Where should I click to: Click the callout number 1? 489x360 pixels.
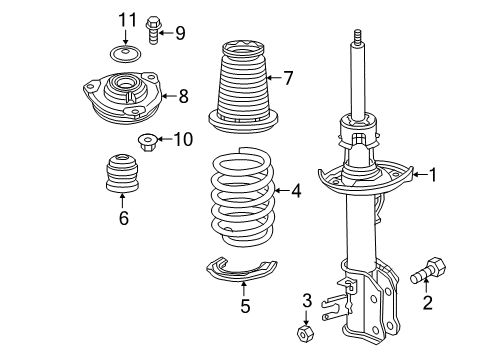(432, 175)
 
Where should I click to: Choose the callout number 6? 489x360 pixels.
(123, 218)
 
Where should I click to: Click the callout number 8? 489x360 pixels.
(182, 97)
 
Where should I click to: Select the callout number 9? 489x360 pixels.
(180, 33)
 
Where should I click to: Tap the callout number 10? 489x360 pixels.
(182, 139)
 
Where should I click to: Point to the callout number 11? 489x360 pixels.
(125, 20)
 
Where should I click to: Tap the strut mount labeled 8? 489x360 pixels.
(122, 94)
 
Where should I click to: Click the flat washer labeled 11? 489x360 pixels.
(125, 55)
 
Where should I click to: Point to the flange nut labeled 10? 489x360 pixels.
(147, 140)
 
